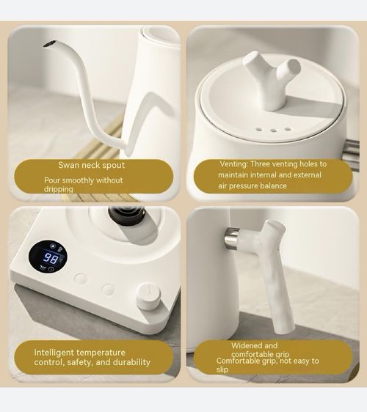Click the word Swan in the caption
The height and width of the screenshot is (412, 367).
[x=71, y=166]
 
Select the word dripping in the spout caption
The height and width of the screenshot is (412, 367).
[x=58, y=189]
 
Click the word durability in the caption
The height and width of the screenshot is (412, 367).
[x=131, y=362]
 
